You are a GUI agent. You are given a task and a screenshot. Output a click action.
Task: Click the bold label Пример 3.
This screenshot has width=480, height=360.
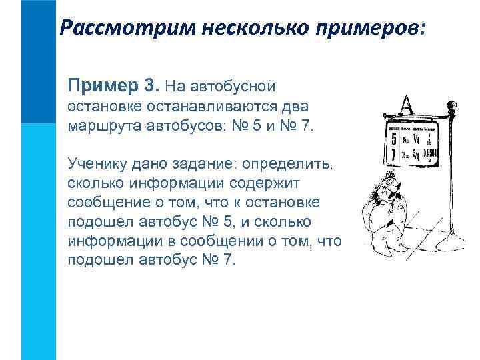113,85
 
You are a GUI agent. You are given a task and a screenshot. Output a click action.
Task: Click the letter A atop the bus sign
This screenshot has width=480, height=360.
406,105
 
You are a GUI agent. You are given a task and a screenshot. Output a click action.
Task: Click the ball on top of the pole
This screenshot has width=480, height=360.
451,105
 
